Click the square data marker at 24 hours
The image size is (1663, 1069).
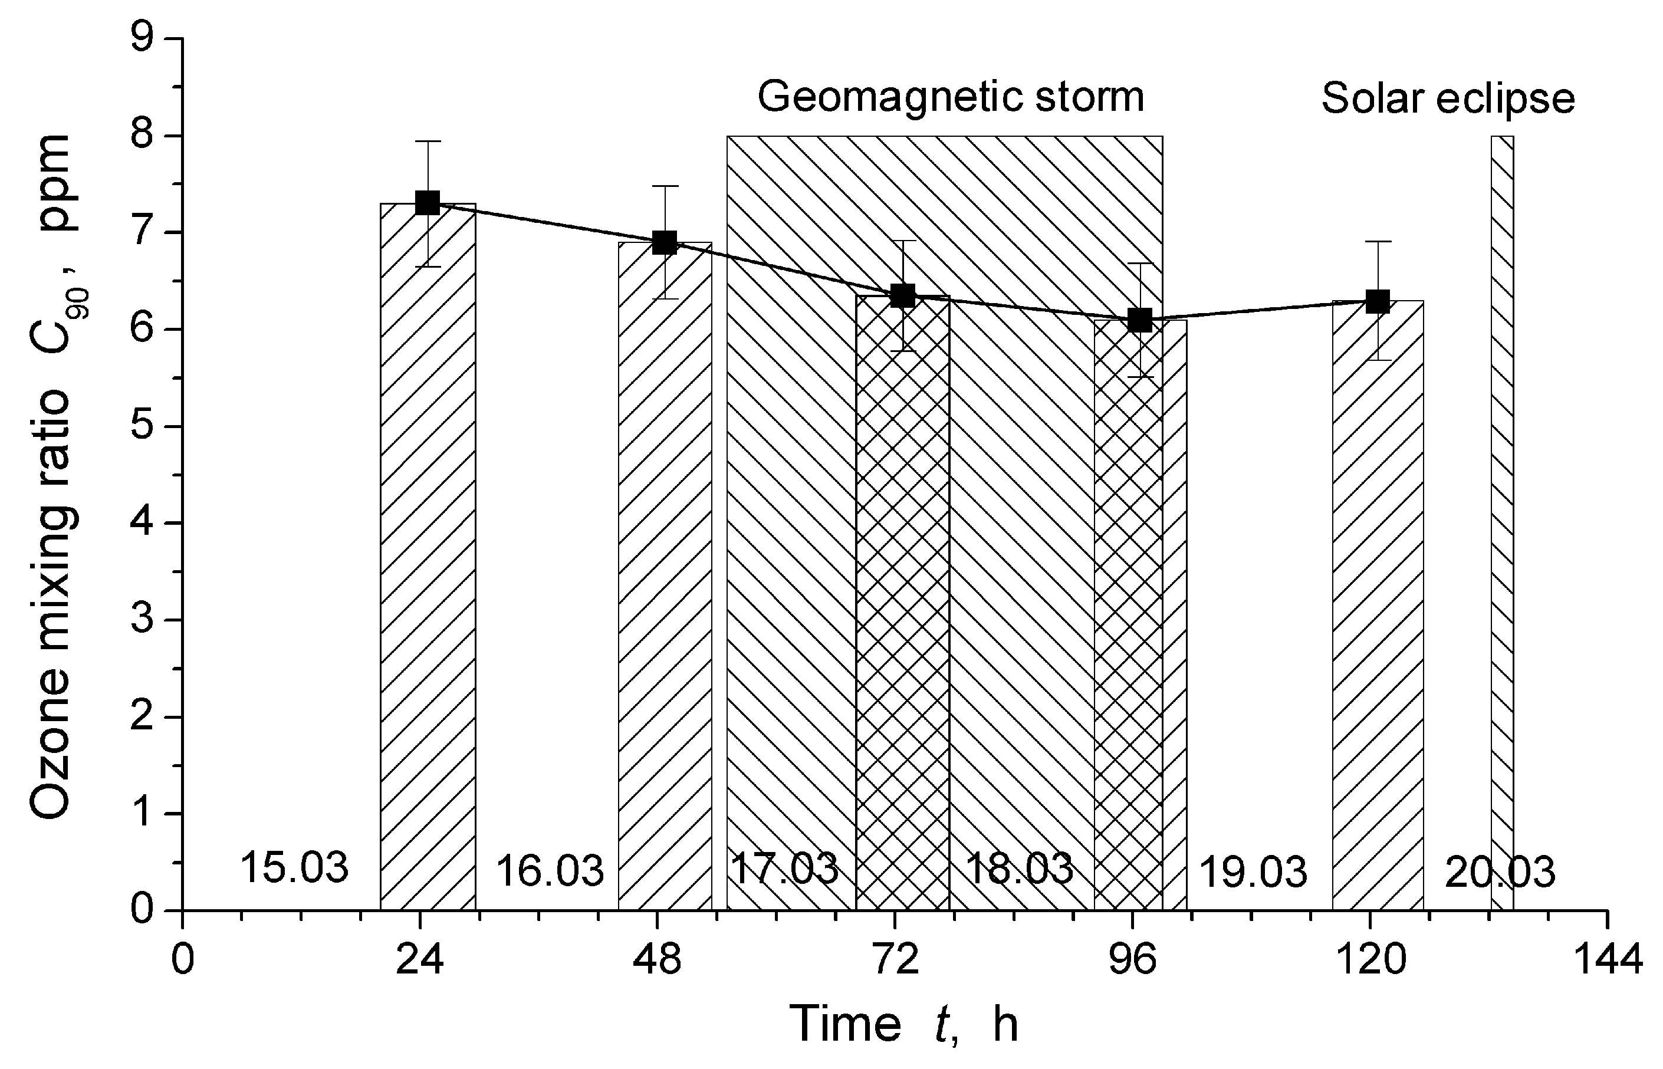428,203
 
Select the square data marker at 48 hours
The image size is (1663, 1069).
665,242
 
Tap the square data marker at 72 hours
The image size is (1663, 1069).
903,296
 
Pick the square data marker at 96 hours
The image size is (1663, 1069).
1140,320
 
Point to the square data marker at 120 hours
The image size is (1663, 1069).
1378,301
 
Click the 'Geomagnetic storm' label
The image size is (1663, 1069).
950,97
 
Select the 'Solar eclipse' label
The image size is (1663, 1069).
1448,98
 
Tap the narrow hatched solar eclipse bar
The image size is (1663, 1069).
1502,521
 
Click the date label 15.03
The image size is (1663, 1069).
294,869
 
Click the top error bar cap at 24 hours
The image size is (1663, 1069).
428,142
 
